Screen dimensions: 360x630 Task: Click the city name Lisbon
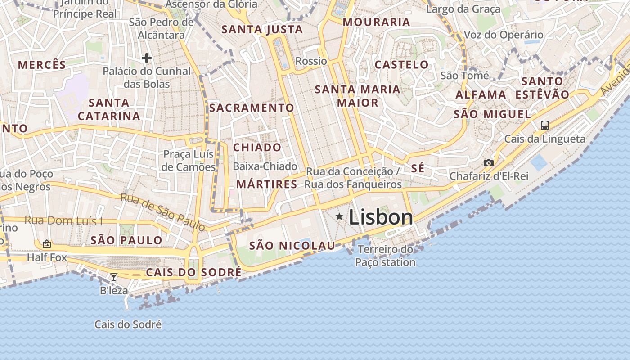[x=381, y=217]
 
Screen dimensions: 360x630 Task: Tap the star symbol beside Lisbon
[x=339, y=217]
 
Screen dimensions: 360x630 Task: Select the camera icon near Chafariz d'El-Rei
[x=488, y=163]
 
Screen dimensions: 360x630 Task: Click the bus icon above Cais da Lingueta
[x=544, y=125]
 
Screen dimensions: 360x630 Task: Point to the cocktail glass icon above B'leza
[x=114, y=277]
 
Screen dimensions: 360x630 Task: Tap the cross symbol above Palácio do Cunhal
[x=146, y=58]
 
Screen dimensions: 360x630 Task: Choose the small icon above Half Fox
[x=47, y=244]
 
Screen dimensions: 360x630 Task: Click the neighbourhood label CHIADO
[x=257, y=148]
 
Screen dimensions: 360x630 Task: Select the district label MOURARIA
[x=376, y=22]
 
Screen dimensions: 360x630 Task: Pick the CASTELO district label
[x=401, y=64]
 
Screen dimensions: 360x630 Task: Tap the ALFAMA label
[x=481, y=95]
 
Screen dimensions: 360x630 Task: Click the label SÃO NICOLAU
[x=292, y=246]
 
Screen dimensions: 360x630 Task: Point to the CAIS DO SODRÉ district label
[x=193, y=272]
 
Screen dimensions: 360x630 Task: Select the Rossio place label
[x=311, y=61]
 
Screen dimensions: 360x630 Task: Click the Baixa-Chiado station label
[x=265, y=166]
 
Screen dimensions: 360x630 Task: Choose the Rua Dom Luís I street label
[x=63, y=220]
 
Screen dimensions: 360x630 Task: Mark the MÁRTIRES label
[x=266, y=184]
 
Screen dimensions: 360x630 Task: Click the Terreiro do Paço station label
[x=385, y=256]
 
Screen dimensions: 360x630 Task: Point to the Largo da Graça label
[x=463, y=9]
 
